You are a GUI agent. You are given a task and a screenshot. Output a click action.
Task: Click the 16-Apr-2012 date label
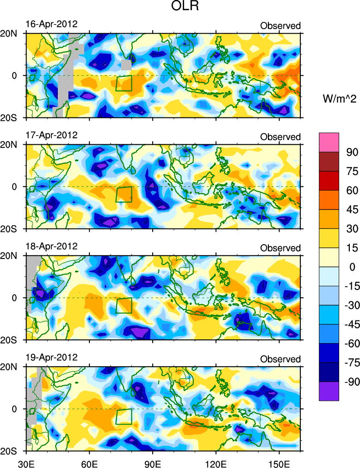(51, 24)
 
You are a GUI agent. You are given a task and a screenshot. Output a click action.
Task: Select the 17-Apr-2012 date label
(51, 135)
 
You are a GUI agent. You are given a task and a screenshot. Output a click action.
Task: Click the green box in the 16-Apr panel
(124, 83)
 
